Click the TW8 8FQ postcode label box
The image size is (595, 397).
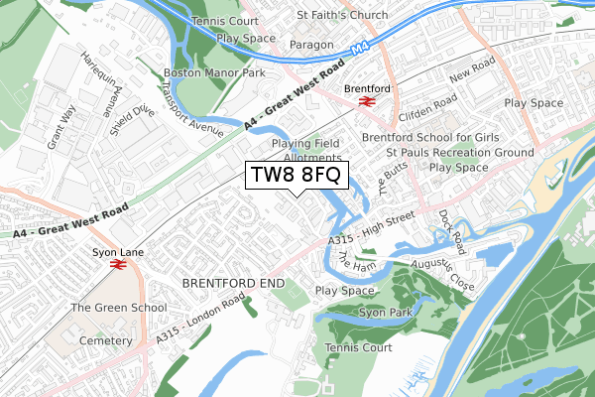(296, 176)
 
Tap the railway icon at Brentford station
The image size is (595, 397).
(365, 101)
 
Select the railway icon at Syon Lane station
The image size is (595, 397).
(117, 265)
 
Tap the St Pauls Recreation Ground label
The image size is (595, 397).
(460, 153)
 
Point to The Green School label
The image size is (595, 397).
(118, 308)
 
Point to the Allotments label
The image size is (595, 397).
(312, 158)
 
